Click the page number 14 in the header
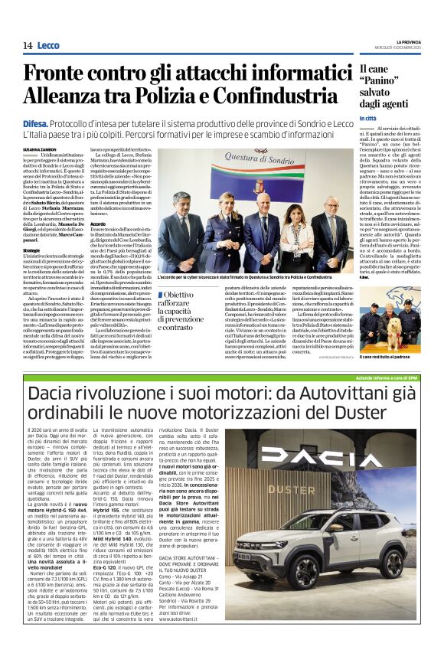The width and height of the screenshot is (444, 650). point(27,45)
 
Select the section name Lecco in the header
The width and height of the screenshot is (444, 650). point(51,45)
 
